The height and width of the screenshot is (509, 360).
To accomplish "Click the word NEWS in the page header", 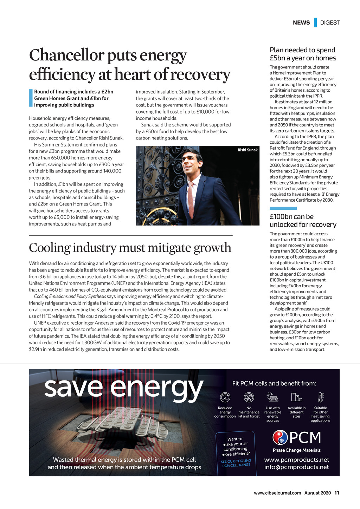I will click(301, 22).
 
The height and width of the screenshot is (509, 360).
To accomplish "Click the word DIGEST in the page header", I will click(330, 22).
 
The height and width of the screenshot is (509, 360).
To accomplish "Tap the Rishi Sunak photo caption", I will click(247, 150).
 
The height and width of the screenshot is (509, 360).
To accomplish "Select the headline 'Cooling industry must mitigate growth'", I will click(130, 248).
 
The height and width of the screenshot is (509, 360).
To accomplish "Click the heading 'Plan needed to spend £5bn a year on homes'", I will click(303, 54).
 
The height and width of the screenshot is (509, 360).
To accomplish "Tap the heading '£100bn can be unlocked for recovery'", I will click(303, 221).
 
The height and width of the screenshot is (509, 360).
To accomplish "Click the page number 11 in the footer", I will click(337, 493).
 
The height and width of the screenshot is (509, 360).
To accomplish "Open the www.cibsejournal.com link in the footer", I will click(277, 493).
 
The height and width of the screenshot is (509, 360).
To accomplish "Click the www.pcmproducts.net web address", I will click(296, 460).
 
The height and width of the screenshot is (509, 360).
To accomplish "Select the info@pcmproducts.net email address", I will click(296, 467).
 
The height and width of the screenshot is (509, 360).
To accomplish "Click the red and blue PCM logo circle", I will click(280, 437).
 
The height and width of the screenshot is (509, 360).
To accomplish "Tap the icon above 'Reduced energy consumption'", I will click(225, 397).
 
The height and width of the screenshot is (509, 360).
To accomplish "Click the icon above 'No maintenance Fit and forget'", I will click(249, 397).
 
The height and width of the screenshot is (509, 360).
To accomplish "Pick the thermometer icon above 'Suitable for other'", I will click(320, 397).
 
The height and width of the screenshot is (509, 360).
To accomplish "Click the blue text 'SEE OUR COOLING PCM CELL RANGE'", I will click(236, 463).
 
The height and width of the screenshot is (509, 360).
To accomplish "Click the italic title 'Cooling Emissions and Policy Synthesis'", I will click(70, 296).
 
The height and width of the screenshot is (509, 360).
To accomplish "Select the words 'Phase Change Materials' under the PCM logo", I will click(296, 450).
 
